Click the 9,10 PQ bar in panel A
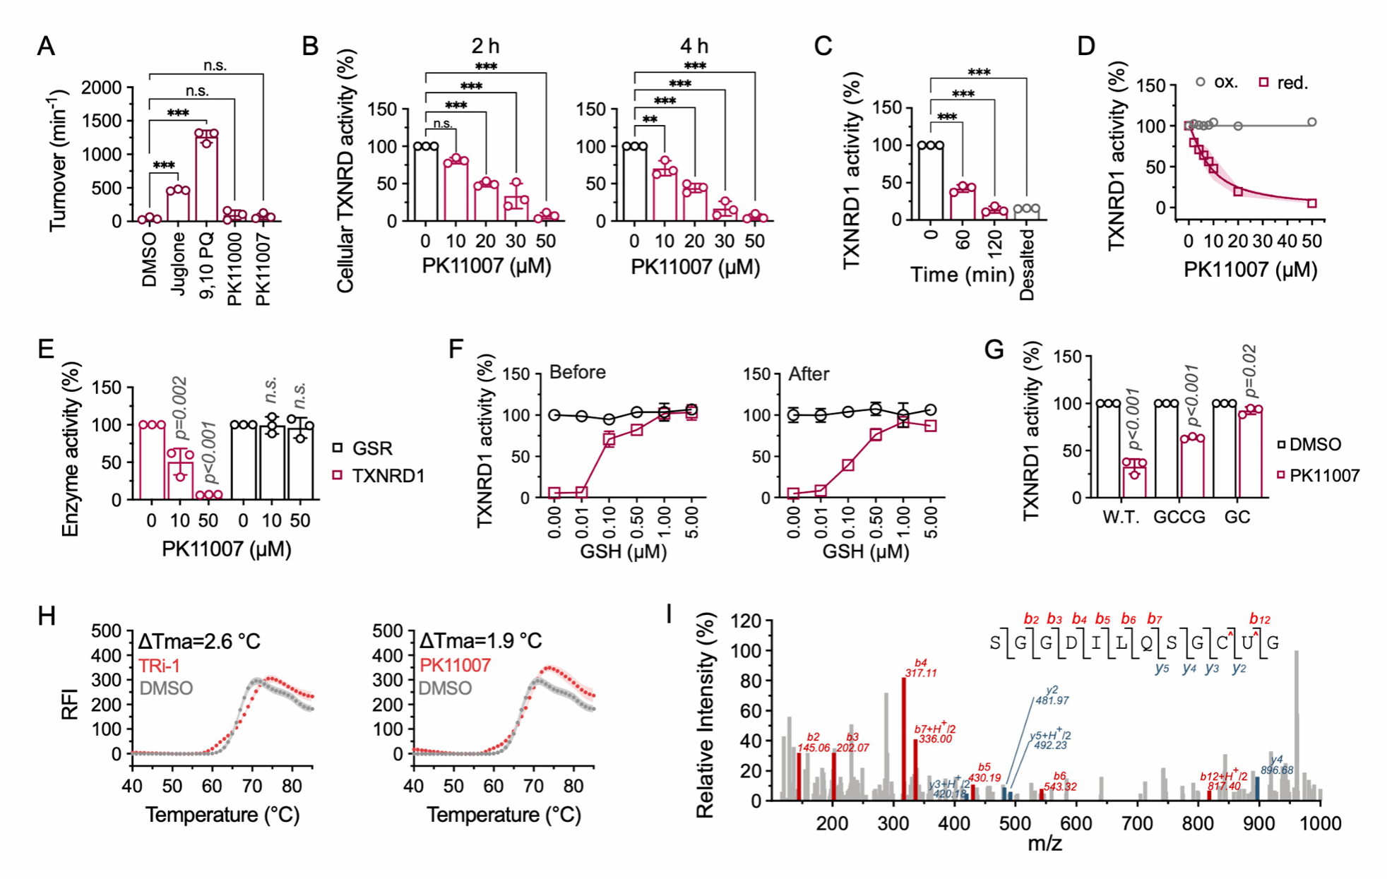click(x=206, y=177)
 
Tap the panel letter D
click(x=1086, y=47)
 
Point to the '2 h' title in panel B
click(x=485, y=47)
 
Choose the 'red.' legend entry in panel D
click(x=1284, y=83)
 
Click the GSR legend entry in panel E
click(x=363, y=448)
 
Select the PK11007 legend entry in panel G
click(x=1318, y=475)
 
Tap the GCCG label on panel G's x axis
click(x=1179, y=518)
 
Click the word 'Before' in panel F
click(x=577, y=372)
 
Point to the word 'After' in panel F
click(x=809, y=373)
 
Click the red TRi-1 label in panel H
click(x=160, y=665)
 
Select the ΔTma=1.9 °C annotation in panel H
click(x=480, y=641)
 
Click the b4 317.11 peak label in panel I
click(x=921, y=668)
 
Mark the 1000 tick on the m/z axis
click(x=1320, y=823)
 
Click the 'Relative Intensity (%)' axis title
click(x=706, y=715)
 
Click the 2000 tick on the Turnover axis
click(x=102, y=88)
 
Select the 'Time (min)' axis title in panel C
click(x=962, y=275)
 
